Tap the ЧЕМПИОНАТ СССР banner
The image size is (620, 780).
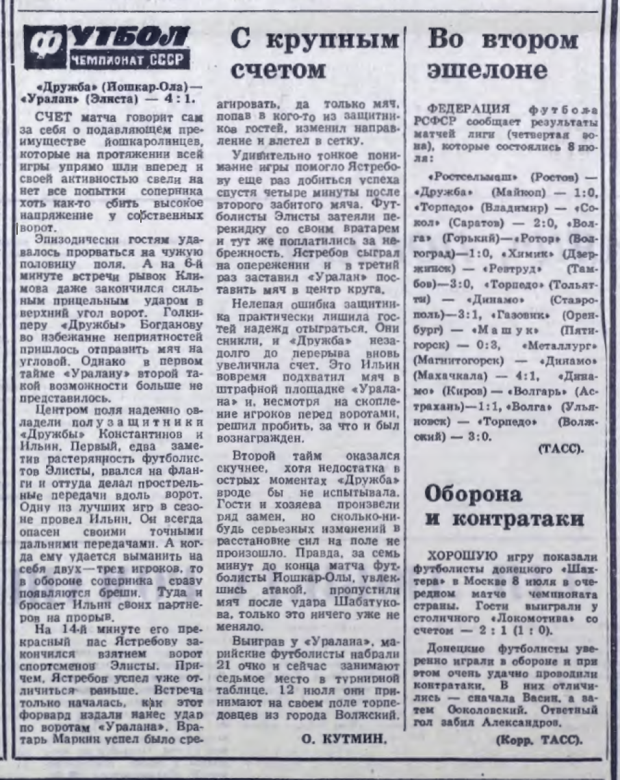(129, 62)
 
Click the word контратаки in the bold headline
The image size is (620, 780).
(504, 519)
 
